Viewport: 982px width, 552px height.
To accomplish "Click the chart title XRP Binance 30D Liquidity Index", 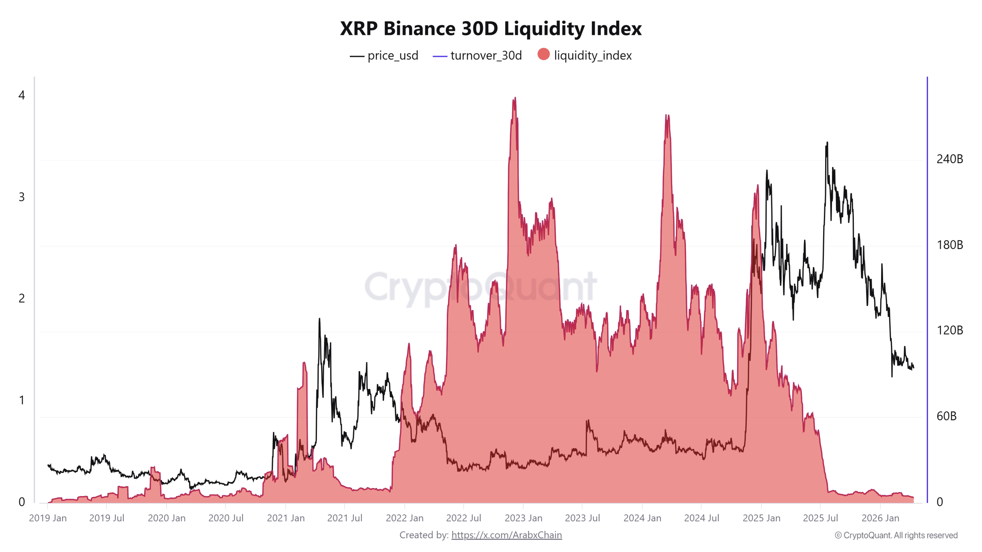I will coord(491,28).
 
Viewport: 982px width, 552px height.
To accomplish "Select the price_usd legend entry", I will coord(384,56).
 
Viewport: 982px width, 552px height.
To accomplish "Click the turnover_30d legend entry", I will coord(478,56).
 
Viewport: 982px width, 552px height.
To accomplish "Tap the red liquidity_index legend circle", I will coord(543,54).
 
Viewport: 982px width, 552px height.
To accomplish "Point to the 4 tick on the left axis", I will coord(21,95).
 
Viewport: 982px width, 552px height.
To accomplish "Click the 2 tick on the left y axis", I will coord(21,298).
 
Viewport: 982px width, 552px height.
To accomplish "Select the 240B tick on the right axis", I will coord(949,159).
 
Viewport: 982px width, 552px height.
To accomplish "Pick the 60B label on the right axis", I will coord(946,416).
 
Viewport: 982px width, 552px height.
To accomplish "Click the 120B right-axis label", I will coord(949,330).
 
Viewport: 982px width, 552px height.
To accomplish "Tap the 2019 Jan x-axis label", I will coord(48,518).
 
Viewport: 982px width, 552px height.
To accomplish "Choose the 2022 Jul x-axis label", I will coord(463,518).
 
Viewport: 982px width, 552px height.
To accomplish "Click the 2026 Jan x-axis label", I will coord(880,518).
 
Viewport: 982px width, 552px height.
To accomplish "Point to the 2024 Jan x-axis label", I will coord(642,518).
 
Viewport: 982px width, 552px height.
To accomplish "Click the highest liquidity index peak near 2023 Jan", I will coord(515,98).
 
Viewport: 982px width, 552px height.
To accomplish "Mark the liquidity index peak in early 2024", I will coord(667,115).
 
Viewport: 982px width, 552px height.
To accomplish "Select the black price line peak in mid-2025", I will coord(827,143).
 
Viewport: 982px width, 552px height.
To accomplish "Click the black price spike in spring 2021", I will coord(319,319).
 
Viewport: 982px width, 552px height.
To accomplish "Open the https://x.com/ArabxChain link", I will coord(506,535).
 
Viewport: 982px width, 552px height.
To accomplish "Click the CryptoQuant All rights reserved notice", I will coord(896,535).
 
